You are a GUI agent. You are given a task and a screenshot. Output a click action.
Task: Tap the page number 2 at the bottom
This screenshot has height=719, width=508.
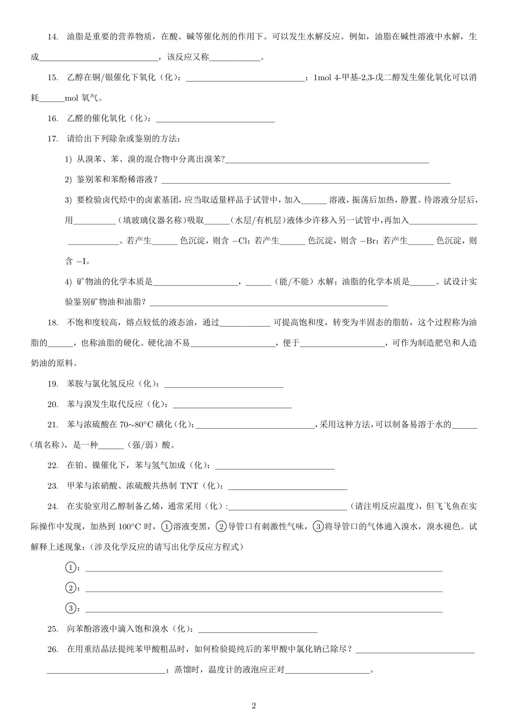tap(254, 706)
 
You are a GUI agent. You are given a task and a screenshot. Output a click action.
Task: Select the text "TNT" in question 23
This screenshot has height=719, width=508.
tap(189, 486)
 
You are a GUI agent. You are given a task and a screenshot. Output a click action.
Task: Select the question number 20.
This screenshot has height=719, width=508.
tap(52, 404)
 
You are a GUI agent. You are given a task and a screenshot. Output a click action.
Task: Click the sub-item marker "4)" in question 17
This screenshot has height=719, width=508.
tap(68, 282)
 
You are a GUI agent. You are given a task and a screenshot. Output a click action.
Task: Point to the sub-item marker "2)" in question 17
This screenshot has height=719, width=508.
tap(68, 180)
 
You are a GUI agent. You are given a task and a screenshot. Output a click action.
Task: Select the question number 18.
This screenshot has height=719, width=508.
tap(52, 322)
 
